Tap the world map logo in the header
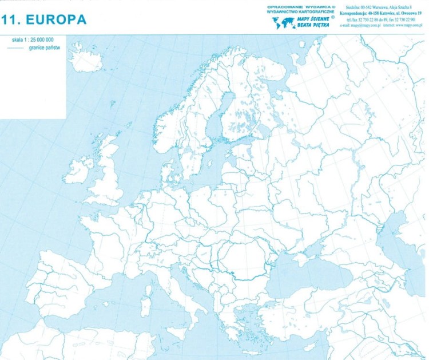[x=282, y=23]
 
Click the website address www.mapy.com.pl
[x=407, y=25]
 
